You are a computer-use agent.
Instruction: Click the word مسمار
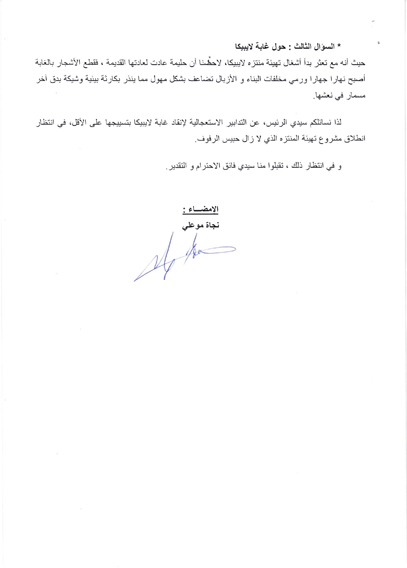[x=356, y=96]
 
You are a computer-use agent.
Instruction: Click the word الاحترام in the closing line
[x=210, y=166]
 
